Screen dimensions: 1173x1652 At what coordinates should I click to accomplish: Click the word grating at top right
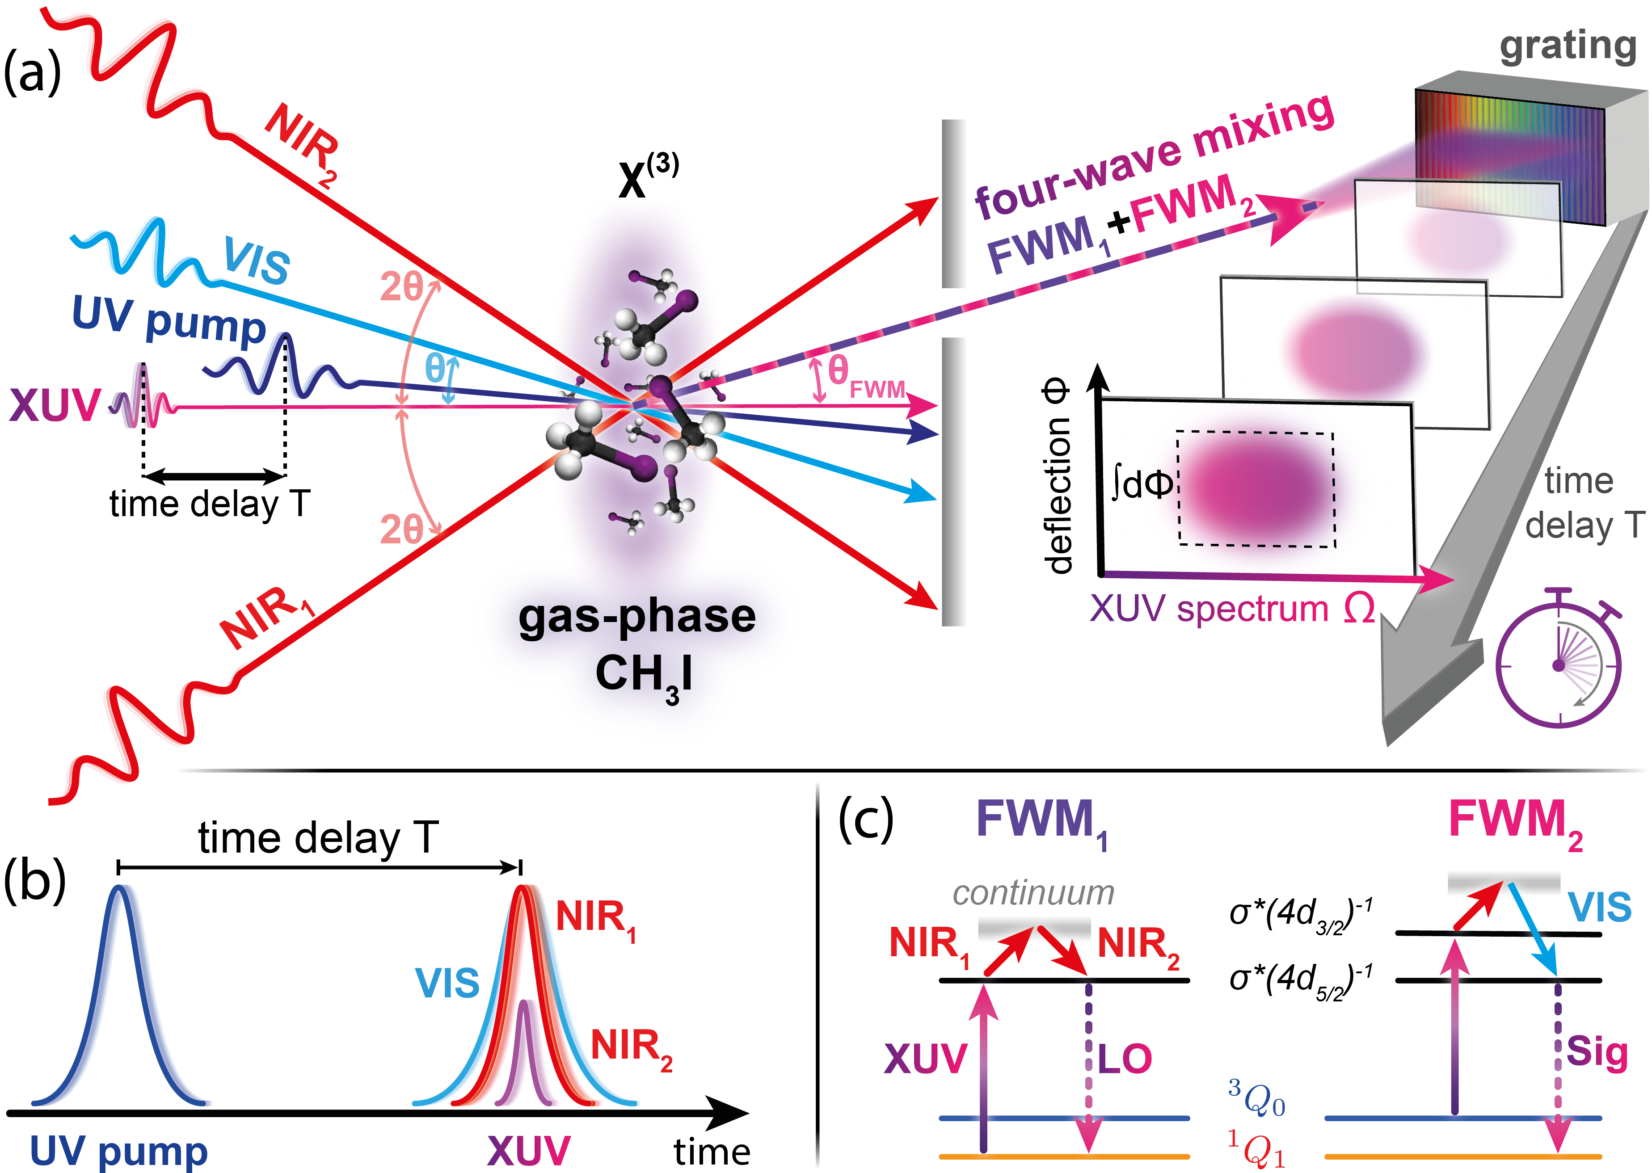[1568, 47]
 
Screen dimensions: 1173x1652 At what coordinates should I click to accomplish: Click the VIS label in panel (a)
[257, 260]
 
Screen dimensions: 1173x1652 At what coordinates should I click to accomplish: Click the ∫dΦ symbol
[1141, 483]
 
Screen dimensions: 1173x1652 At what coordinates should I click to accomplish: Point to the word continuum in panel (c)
[1033, 893]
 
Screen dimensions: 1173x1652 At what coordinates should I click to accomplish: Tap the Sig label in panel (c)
[1597, 1053]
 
